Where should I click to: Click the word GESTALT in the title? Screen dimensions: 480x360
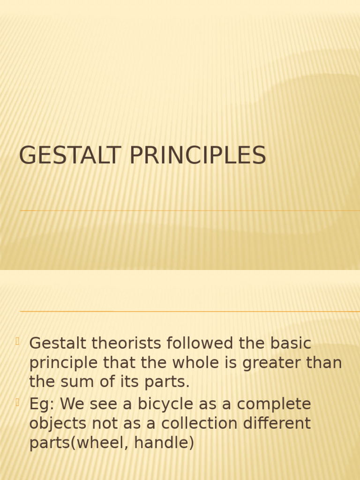70,156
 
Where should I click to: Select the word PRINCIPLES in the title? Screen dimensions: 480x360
197,156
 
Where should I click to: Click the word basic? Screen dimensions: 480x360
291,344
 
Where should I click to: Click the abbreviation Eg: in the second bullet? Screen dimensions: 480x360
42,405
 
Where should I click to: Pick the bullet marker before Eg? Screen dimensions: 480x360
17,402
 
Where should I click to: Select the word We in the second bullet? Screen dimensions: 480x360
72,404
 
